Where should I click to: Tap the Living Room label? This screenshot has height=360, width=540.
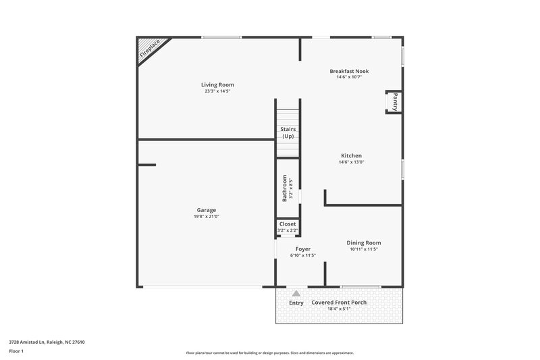217,84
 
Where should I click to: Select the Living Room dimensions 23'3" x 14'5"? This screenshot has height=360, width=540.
217,91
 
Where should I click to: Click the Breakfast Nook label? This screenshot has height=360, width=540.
349,71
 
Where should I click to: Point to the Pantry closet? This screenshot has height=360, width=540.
394,102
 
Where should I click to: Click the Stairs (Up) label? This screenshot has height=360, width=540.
288,132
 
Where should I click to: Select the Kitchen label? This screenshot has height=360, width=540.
351,155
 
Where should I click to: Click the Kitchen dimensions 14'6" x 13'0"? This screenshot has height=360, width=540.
351,162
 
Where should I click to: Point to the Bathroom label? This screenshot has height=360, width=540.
285,188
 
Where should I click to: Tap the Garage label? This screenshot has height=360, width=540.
207,210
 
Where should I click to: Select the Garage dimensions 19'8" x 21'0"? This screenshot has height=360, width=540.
207,217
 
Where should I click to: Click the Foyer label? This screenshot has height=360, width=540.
303,249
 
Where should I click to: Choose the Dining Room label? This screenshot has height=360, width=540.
364,242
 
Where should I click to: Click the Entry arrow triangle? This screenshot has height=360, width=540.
296,293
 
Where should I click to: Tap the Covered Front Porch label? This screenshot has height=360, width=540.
339,303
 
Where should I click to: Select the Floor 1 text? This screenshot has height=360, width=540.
17,352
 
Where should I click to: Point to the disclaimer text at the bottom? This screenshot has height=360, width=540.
269,353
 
